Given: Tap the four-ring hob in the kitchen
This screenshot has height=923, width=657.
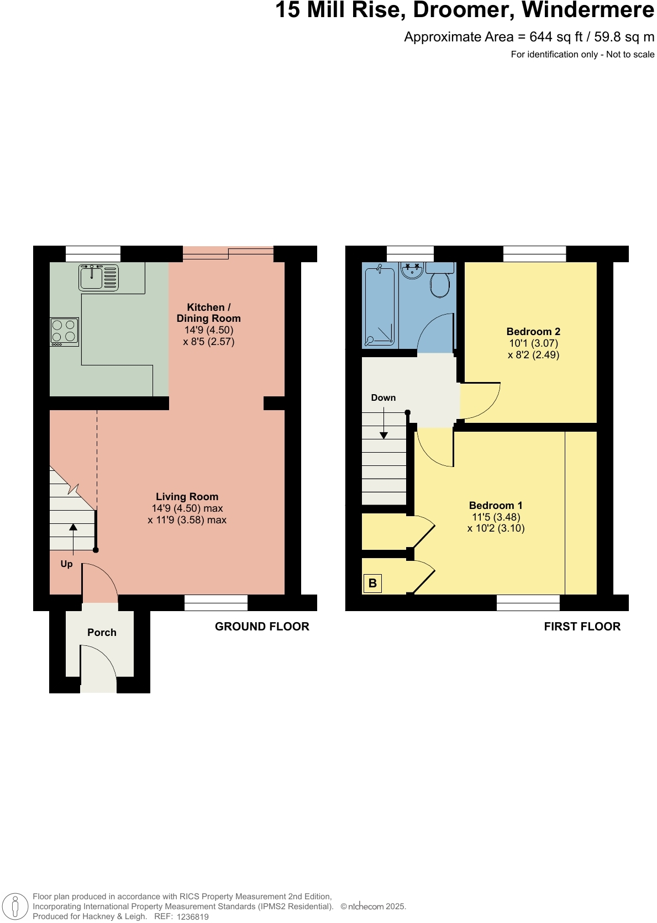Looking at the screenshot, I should click(64, 332).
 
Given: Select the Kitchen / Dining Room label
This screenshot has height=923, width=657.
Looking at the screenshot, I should click(208, 313).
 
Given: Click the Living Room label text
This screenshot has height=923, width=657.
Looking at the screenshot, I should click(187, 497).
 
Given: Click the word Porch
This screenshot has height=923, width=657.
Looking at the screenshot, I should click(102, 633).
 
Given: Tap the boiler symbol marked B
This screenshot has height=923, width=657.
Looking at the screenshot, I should click(372, 583).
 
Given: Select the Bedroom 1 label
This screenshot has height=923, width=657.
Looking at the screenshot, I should click(495, 506).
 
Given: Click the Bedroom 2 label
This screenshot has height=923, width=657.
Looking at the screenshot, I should click(533, 332).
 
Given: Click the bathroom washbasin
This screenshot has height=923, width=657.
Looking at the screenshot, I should click(412, 270).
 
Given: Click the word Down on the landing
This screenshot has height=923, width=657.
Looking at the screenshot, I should click(383, 398).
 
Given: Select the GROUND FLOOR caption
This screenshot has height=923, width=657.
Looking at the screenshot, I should click(262, 627).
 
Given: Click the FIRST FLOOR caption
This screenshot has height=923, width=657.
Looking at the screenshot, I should click(582, 627).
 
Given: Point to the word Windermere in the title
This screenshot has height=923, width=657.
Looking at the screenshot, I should click(588, 10).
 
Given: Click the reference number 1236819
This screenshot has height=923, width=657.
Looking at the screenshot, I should click(192, 917).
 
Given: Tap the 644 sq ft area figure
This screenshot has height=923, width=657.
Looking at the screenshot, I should click(556, 37).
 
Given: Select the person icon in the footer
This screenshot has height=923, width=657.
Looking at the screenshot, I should click(15, 906).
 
